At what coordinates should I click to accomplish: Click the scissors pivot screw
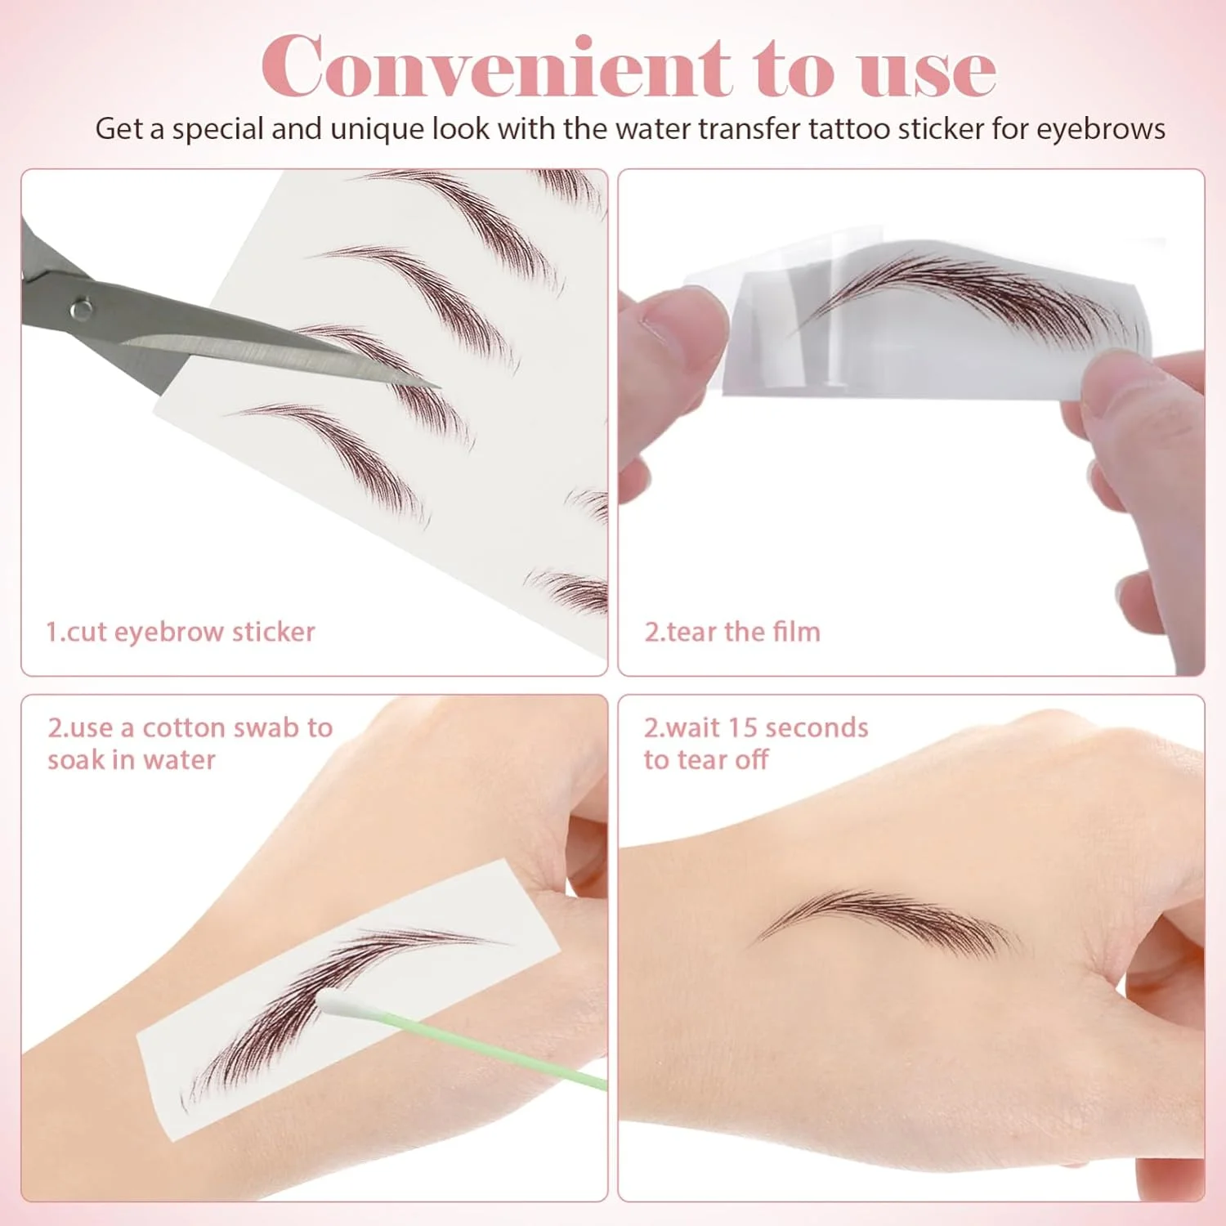[x=80, y=309]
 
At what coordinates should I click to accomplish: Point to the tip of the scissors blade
[x=439, y=385]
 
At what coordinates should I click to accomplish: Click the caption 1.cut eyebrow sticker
[x=180, y=632]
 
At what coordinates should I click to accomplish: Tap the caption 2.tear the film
[x=732, y=632]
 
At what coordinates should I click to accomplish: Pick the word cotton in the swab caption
[x=181, y=727]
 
